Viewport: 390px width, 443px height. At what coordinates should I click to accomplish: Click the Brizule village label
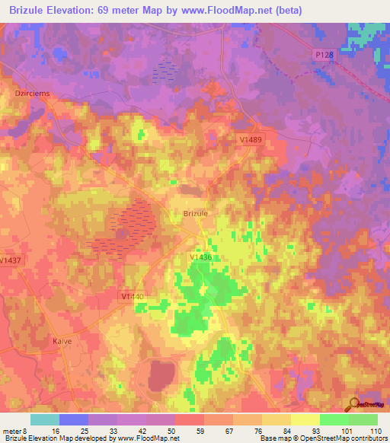pos(196,214)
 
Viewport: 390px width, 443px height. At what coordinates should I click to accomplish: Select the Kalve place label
pos(62,341)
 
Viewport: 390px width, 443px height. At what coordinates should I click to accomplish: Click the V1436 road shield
pos(201,258)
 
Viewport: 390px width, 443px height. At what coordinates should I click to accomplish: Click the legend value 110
pos(374,430)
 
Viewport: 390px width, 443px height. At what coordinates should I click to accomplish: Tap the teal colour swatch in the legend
pos(45,419)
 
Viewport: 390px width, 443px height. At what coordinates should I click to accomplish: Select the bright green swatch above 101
pos(334,419)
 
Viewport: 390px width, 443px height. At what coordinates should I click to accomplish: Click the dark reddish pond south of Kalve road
pos(161,374)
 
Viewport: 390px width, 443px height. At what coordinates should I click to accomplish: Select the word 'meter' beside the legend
pos(13,430)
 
